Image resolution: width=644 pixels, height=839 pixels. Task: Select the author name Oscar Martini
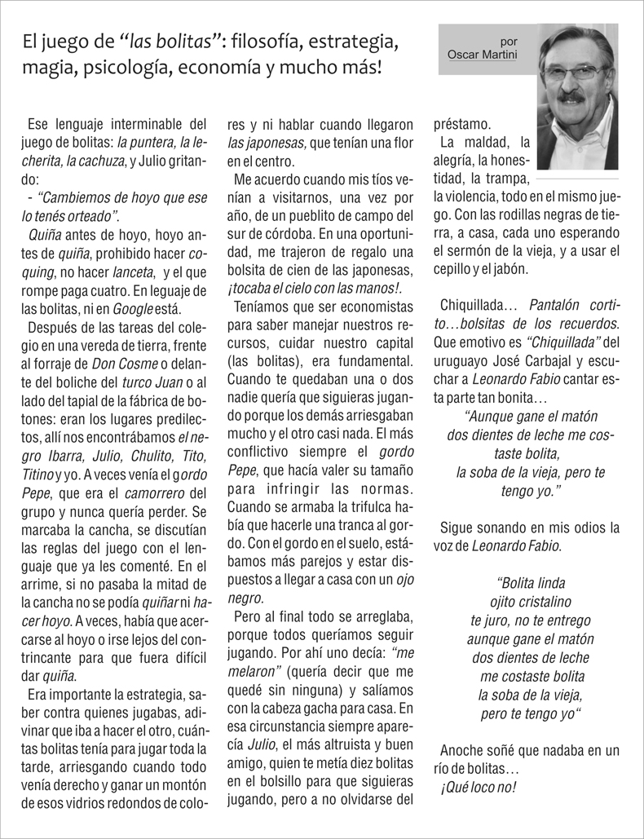tap(483, 55)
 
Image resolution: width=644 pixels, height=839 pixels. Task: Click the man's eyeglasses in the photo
tap(576, 72)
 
